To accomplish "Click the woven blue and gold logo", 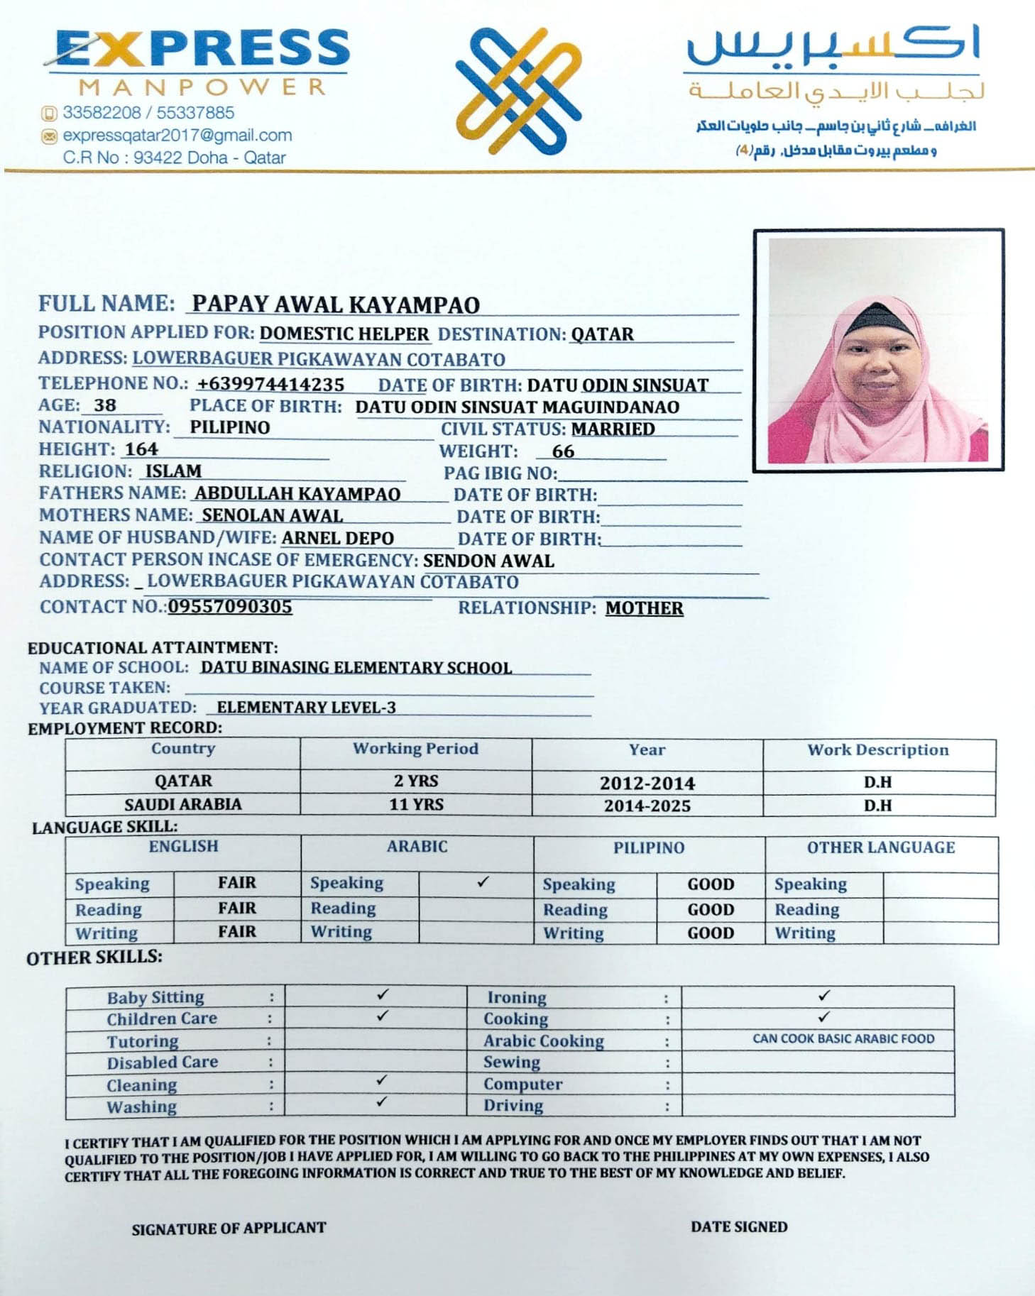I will tap(518, 91).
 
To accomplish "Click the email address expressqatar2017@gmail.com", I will tap(177, 135).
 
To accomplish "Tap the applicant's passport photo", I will tap(878, 350).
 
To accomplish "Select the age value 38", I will tap(105, 405).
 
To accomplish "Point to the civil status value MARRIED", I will tap(613, 429).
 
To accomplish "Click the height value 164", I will tap(141, 449).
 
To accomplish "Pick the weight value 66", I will tap(563, 451).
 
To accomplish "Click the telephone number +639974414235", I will tap(270, 384).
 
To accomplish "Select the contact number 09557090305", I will tap(230, 607).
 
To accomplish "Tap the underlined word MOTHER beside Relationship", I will tap(644, 608).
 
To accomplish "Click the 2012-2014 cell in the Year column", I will tap(647, 783).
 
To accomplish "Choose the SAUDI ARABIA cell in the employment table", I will tap(183, 804).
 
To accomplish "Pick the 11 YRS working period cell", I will tap(416, 804).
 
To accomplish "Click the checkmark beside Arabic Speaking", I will tap(483, 882).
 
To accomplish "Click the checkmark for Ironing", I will tap(823, 995).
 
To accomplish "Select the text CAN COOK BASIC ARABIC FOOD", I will tap(843, 1039).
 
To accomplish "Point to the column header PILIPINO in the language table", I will tap(649, 847).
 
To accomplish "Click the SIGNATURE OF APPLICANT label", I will tap(229, 1228).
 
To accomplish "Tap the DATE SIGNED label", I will tap(739, 1226).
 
